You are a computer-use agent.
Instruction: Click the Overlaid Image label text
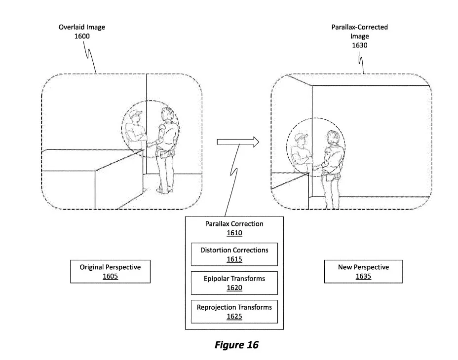coord(82,27)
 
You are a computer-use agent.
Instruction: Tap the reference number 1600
coord(82,36)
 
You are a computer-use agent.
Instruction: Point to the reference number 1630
coord(360,45)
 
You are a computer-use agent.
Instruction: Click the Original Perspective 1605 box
coord(111,272)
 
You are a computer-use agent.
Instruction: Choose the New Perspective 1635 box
coord(363,272)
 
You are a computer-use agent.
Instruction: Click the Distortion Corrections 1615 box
coord(234,254)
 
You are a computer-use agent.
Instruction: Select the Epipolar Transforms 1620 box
coord(234,283)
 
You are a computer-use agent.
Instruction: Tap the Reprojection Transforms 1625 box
coord(234,312)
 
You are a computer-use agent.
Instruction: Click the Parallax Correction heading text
coord(234,224)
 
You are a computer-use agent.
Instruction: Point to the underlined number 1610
coord(234,233)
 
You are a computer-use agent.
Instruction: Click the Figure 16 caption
coord(236,345)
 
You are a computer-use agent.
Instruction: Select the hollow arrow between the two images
coord(238,142)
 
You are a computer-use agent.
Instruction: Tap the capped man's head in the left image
coord(136,116)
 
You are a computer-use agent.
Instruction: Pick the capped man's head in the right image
coord(301,140)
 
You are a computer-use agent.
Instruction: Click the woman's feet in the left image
coord(163,190)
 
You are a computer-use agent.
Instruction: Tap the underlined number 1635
coord(363,276)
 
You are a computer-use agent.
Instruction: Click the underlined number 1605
coord(110,276)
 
